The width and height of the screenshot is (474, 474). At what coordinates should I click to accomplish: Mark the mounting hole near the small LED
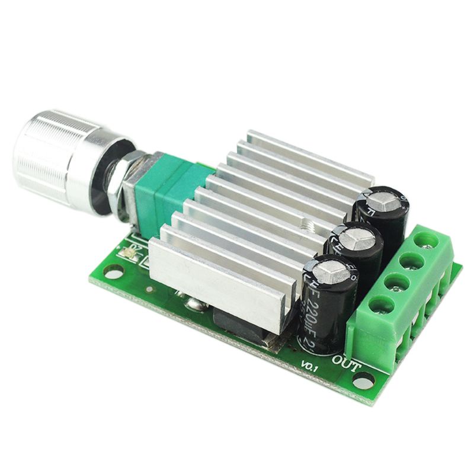tap(113, 271)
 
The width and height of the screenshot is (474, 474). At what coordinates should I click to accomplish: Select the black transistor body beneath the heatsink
tap(240, 329)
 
